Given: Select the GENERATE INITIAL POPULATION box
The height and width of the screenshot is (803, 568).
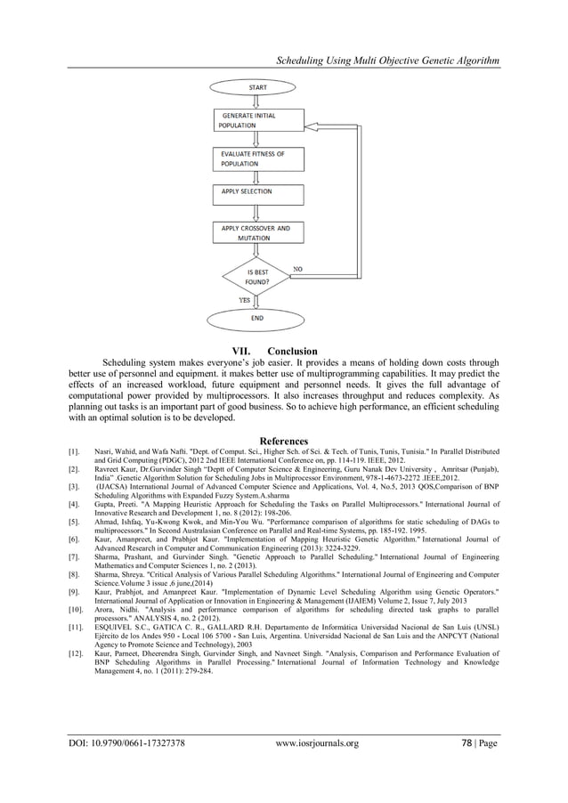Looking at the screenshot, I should (255, 120).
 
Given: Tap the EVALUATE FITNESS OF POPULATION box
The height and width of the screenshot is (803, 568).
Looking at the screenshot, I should (255, 158).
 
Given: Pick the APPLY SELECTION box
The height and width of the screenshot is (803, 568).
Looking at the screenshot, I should (255, 192).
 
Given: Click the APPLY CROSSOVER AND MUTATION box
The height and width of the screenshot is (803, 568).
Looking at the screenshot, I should (255, 233).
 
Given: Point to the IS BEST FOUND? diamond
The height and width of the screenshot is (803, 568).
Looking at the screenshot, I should (257, 276).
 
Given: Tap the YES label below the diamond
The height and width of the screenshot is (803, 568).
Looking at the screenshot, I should (243, 300).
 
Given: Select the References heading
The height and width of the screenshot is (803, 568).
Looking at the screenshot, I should (283, 441).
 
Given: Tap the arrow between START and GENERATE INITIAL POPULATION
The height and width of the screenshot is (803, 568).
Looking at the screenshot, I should (255, 101).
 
